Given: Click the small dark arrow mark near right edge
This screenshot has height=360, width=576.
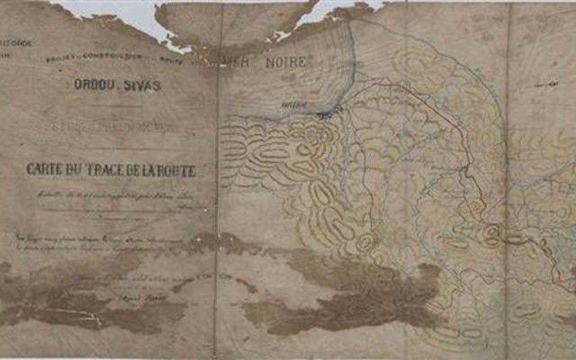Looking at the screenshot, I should click(551, 83).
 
